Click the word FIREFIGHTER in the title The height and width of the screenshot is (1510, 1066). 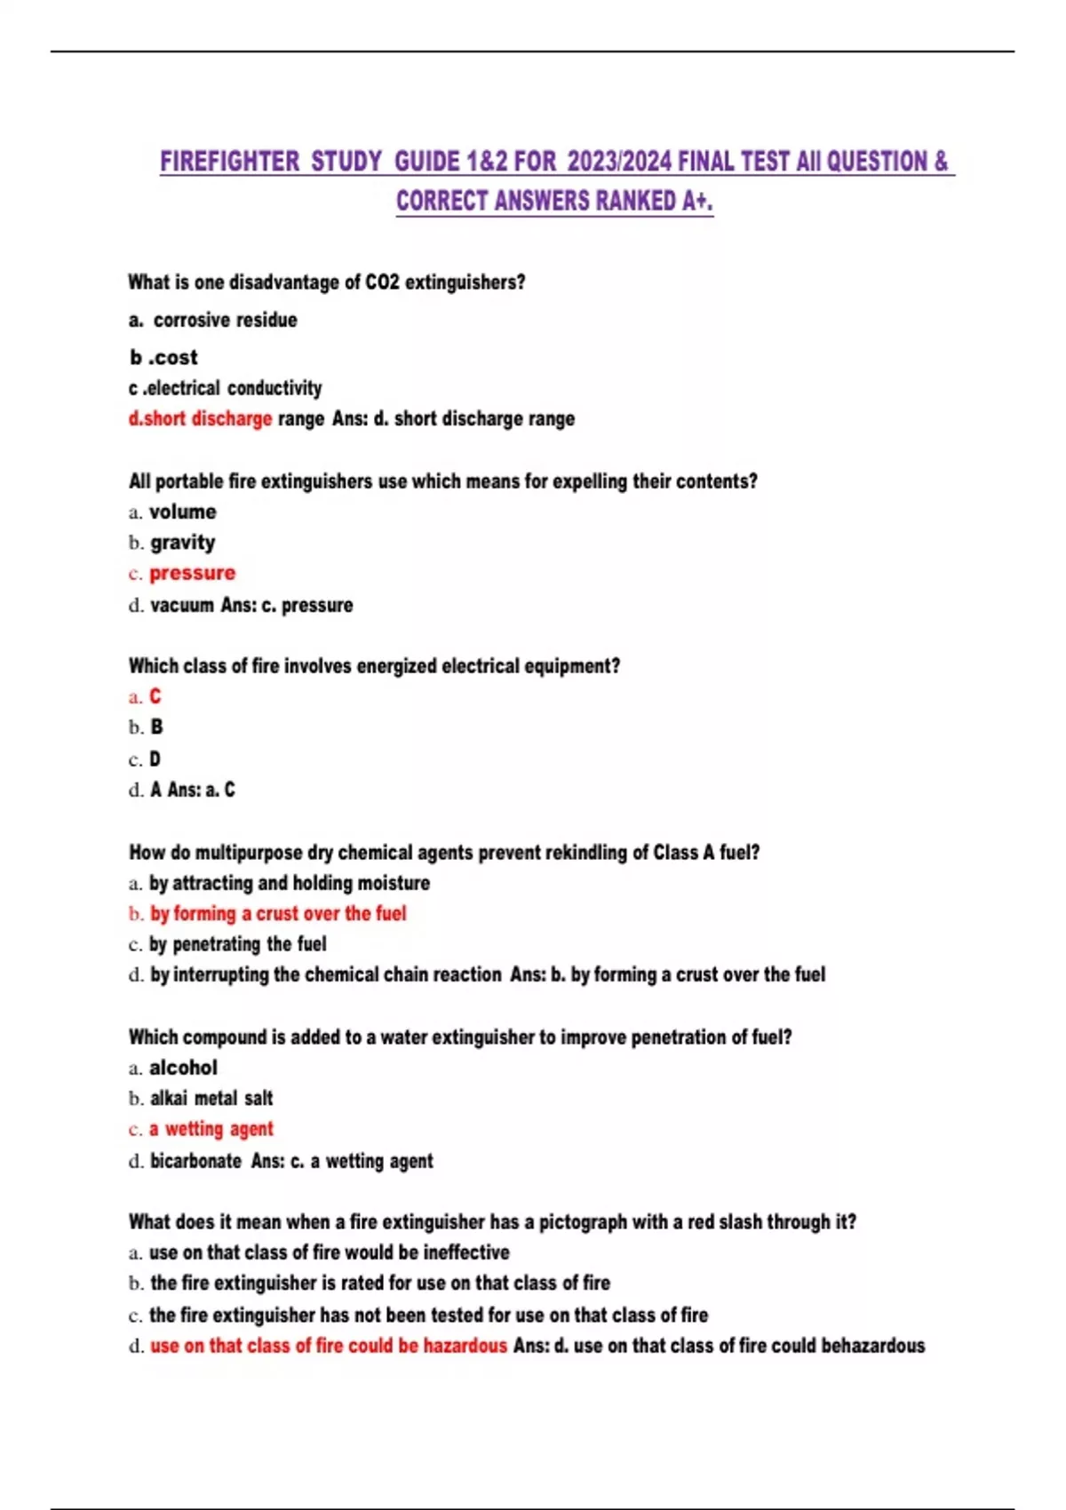click(x=230, y=162)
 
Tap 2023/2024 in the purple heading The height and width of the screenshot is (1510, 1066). click(x=619, y=162)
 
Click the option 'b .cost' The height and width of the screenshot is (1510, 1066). click(x=163, y=357)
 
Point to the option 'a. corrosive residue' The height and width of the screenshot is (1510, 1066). click(x=213, y=320)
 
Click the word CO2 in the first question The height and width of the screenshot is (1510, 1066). click(x=382, y=282)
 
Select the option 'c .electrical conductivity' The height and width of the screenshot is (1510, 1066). click(x=226, y=388)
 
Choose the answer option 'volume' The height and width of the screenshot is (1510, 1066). click(x=182, y=512)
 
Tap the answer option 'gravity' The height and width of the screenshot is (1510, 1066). click(x=182, y=543)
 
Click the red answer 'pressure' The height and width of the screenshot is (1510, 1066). click(x=192, y=573)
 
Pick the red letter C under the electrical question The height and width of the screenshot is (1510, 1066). click(x=155, y=696)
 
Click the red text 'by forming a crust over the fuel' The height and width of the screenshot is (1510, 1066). click(x=277, y=913)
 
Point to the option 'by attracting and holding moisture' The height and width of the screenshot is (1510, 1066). click(x=289, y=883)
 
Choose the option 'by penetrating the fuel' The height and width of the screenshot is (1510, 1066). click(x=237, y=943)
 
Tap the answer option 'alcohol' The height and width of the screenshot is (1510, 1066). click(x=183, y=1068)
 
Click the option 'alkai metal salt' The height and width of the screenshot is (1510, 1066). click(x=211, y=1099)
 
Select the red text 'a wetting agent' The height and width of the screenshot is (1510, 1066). click(x=211, y=1129)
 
